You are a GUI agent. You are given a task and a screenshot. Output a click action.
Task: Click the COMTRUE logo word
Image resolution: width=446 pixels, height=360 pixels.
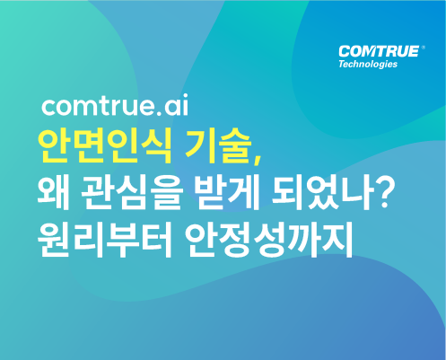tap(379, 51)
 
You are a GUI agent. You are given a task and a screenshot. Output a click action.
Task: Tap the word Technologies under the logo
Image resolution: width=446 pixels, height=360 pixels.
tap(368, 65)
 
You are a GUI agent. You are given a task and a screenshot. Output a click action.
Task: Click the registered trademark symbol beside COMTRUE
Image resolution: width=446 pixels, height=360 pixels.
tap(423, 48)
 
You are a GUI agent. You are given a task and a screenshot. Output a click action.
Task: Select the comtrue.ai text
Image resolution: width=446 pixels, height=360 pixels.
tap(115, 105)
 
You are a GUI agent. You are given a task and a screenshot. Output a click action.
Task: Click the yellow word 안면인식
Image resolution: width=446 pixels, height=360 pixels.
tap(104, 146)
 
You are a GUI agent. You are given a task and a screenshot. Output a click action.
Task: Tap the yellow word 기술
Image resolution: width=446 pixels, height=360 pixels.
tap(218, 146)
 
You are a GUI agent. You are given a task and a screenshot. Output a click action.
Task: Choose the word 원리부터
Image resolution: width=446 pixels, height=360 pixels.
tap(105, 240)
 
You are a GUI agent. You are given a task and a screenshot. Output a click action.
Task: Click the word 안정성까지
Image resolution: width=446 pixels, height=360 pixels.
tap(268, 240)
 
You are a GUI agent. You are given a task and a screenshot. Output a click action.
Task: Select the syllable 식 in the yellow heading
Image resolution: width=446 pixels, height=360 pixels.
tap(155, 146)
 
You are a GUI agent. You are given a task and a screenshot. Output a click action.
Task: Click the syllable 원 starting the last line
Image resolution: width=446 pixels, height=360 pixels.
tap(54, 240)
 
